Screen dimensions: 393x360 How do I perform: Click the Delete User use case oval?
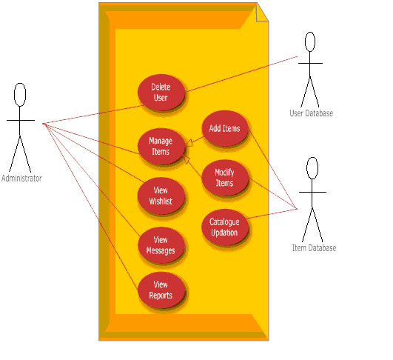pos(161,93)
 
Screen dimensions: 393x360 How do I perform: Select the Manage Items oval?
pos(161,146)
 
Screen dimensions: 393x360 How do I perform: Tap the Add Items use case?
pos(225,128)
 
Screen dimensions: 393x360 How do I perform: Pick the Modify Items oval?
pos(225,178)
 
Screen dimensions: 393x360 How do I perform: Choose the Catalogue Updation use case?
pos(225,227)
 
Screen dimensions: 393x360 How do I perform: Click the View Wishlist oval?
pos(161,196)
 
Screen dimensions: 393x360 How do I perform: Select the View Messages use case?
pos(161,245)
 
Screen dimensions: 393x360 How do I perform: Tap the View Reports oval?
pos(161,290)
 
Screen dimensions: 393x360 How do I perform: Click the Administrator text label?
pos(21,179)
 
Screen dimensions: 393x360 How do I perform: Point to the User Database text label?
pos(312,113)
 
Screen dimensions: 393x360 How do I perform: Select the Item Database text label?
pos(314,248)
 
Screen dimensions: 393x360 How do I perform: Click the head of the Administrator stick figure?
pos(20,95)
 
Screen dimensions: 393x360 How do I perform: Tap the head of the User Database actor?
pos(310,42)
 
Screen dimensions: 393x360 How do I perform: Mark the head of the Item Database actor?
pos(312,168)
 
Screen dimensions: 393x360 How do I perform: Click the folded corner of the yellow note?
pos(262,12)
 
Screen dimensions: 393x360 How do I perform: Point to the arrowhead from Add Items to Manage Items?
pos(189,143)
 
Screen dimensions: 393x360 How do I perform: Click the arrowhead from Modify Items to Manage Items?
pos(186,159)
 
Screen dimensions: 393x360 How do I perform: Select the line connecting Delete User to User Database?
pos(242,74)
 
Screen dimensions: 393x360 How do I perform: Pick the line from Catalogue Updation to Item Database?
pos(272,213)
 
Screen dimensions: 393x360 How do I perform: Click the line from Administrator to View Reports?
pos(90,207)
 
